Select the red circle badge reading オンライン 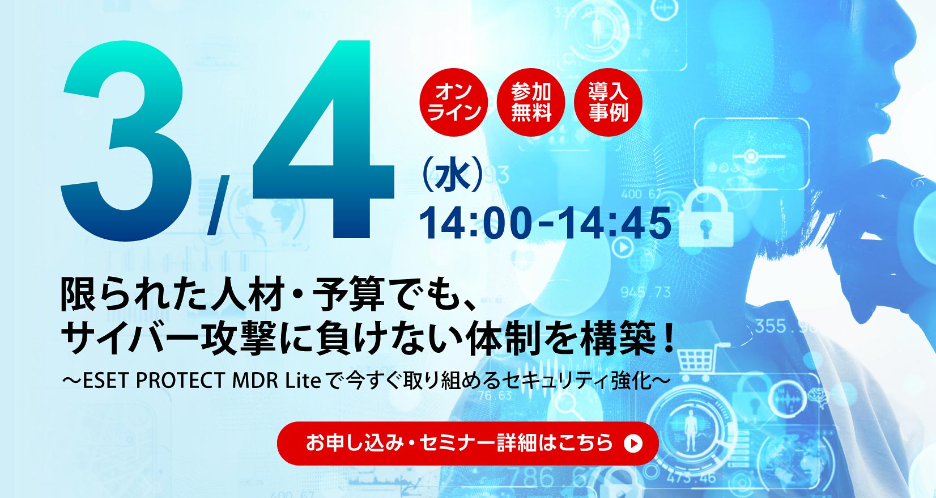pos(453,102)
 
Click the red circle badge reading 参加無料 pos(531,102)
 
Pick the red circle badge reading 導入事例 pos(608,102)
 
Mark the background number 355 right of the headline pos(771,326)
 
